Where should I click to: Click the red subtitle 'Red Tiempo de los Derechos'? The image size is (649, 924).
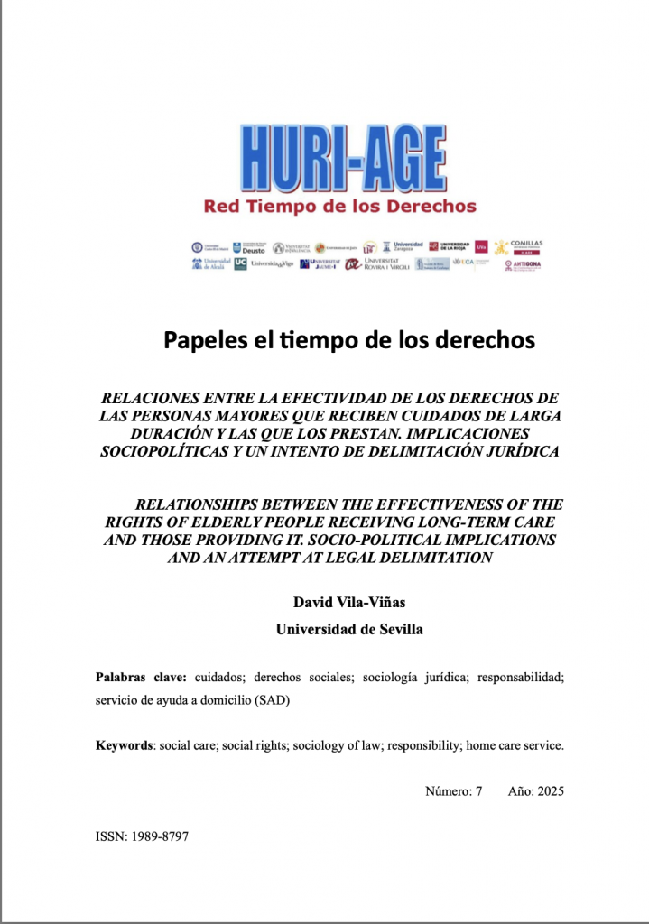point(339,207)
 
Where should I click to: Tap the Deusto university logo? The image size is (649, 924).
point(250,247)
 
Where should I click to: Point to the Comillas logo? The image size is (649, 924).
point(522,246)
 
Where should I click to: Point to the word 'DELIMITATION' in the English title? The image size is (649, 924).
point(432,557)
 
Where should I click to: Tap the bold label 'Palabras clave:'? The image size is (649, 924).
point(141,677)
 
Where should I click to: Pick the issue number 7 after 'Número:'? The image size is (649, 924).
point(478,790)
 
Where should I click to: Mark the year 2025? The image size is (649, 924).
point(549,790)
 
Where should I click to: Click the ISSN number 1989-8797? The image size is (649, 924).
point(158,836)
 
